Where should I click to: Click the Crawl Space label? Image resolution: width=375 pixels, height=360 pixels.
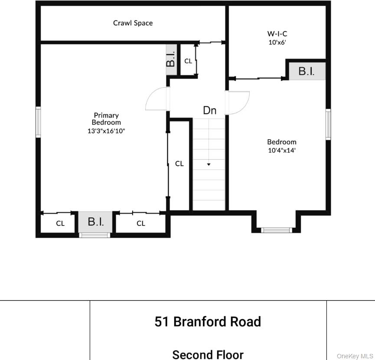pyautogui.click(x=133, y=23)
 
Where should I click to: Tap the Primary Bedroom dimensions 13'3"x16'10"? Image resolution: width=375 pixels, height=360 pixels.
pyautogui.click(x=106, y=130)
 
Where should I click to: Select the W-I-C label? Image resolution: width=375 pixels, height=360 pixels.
pyautogui.click(x=277, y=33)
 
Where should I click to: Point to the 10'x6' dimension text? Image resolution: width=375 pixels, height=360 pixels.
pyautogui.click(x=277, y=43)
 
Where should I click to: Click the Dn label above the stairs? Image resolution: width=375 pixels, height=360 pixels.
pyautogui.click(x=209, y=111)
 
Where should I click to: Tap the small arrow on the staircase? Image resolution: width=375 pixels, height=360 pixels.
pyautogui.click(x=209, y=164)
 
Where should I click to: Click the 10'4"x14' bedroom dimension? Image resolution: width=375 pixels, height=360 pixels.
pyautogui.click(x=282, y=151)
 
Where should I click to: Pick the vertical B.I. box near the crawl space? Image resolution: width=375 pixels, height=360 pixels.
pyautogui.click(x=171, y=59)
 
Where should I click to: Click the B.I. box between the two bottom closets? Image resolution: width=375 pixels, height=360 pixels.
pyautogui.click(x=96, y=222)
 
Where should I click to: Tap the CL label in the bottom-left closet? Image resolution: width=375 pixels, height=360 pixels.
pyautogui.click(x=60, y=223)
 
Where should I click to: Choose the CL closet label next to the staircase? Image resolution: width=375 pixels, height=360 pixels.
pyautogui.click(x=179, y=164)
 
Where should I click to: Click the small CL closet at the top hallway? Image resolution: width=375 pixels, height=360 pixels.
pyautogui.click(x=188, y=61)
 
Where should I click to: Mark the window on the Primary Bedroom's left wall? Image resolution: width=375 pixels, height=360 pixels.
pyautogui.click(x=38, y=122)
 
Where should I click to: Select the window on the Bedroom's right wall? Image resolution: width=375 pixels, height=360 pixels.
pyautogui.click(x=328, y=124)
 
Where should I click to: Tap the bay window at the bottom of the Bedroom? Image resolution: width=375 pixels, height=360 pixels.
pyautogui.click(x=277, y=230)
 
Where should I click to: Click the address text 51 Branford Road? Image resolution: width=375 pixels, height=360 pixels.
pyautogui.click(x=208, y=322)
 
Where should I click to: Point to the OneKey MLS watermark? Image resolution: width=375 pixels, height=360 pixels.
pyautogui.click(x=355, y=356)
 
